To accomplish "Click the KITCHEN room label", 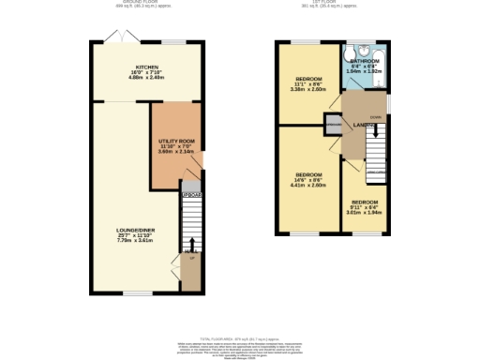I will [x=146, y=68].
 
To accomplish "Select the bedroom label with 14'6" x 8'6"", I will [x=309, y=175].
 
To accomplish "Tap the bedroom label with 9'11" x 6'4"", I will [x=365, y=202].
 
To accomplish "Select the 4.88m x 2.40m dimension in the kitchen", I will [x=146, y=79].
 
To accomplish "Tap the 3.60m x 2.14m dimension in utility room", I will [x=174, y=151].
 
